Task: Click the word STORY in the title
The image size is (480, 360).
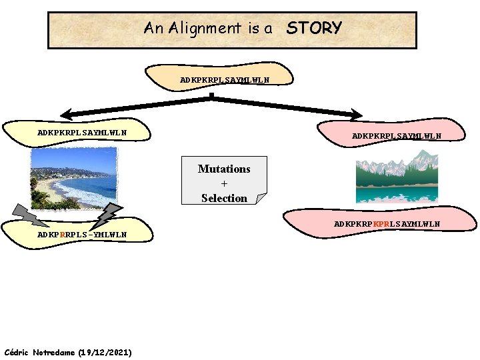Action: pos(313,28)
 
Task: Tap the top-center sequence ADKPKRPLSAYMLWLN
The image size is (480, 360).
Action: pos(225,80)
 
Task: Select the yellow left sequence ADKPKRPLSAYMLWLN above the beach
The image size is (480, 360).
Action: pos(82,133)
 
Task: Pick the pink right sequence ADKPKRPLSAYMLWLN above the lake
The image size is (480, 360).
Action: pos(397,136)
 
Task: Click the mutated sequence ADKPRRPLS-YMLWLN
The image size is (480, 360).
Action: pos(82,234)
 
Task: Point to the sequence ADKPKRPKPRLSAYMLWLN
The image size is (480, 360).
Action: pos(387,224)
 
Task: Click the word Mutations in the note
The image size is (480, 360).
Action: pos(224,169)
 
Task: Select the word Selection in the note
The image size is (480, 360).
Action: pos(224,198)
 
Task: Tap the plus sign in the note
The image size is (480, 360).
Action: pos(224,183)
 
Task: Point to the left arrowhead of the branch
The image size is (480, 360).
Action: pos(66,113)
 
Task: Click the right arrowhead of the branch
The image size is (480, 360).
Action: pos(357,115)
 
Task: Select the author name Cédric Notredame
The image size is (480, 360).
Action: pos(39,351)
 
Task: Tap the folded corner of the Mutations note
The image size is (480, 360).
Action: pos(261,198)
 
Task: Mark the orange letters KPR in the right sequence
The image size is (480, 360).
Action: pos(381,224)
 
